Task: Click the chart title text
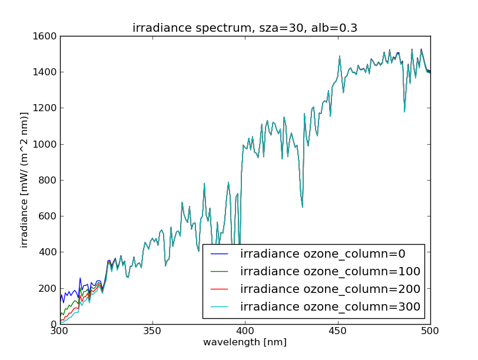(x=245, y=28)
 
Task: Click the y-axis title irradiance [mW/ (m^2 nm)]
(x=25, y=179)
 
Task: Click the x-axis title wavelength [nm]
(x=245, y=342)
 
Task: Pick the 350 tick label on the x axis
(x=152, y=332)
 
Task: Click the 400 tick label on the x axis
(x=245, y=332)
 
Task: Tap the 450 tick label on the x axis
(x=337, y=332)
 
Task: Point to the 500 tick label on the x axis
(x=430, y=332)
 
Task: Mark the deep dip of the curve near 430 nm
(x=303, y=206)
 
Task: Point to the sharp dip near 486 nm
(x=404, y=111)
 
